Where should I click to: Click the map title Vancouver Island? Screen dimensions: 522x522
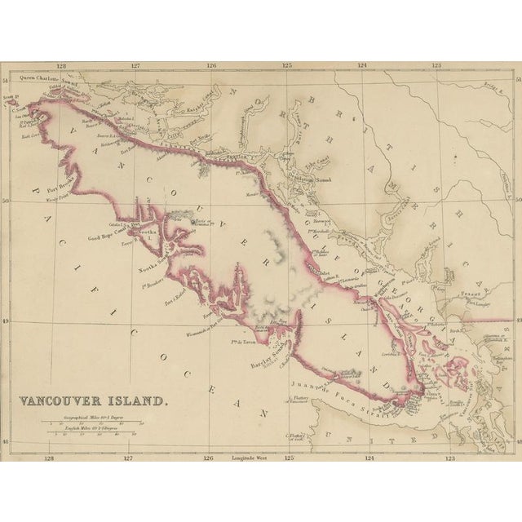click(95, 400)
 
